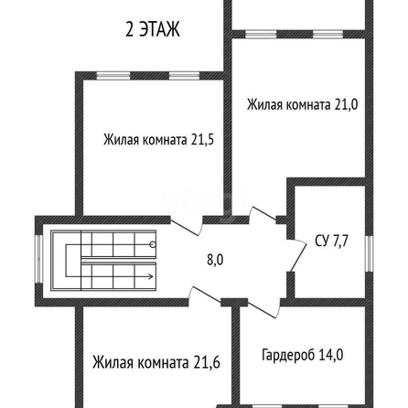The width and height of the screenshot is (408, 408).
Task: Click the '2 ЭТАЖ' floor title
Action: pyautogui.click(x=153, y=29)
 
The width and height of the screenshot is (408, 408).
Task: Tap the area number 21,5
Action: pyautogui.click(x=202, y=140)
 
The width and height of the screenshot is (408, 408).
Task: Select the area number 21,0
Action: pyautogui.click(x=346, y=104)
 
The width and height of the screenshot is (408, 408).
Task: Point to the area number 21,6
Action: pyautogui.click(x=207, y=362)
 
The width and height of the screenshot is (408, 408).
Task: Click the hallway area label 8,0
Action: pyautogui.click(x=215, y=260)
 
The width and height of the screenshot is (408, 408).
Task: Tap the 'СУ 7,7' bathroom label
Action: pyautogui.click(x=331, y=241)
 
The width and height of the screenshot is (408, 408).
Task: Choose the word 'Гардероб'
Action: pyautogui.click(x=288, y=355)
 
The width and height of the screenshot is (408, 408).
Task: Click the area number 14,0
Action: pyautogui.click(x=331, y=355)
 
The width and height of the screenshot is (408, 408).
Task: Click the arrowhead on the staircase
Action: pyautogui.click(x=150, y=276)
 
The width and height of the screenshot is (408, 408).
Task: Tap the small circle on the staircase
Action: pyautogui.click(x=153, y=244)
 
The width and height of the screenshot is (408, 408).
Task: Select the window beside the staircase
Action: pyautogui.click(x=38, y=259)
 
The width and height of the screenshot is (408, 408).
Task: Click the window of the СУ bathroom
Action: pyautogui.click(x=369, y=253)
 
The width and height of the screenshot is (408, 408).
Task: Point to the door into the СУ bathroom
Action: pyautogui.click(x=297, y=254)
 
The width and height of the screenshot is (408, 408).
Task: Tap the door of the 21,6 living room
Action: pyautogui.click(x=205, y=295)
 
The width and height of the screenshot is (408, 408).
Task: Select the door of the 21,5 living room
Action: pyautogui.click(x=187, y=225)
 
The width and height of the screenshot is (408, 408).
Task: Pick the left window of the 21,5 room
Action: pyautogui.click(x=113, y=76)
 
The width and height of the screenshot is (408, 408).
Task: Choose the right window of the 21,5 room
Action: pyautogui.click(x=185, y=76)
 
